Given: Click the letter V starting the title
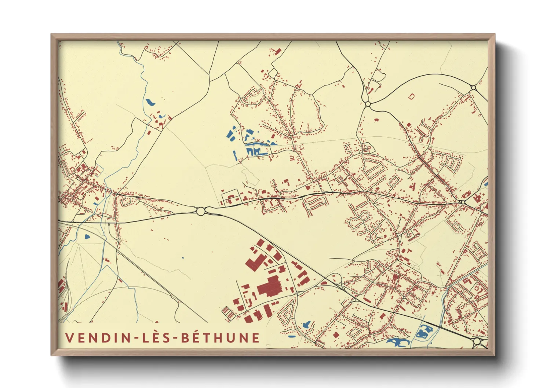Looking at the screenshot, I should tap(69, 338).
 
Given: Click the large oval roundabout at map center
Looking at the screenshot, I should tap(201, 211).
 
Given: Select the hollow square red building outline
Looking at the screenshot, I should tap(411, 96).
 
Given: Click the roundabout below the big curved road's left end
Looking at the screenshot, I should tap(368, 105).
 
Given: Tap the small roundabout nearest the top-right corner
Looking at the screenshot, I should tap(473, 87).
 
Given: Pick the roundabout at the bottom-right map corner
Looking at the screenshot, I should tap(477, 342).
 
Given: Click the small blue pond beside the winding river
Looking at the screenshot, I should tap(150, 102).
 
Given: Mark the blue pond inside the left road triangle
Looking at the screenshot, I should tap(87, 237).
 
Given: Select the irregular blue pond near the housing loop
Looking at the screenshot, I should tap(306, 325).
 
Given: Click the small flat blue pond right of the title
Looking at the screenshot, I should tap(292, 336).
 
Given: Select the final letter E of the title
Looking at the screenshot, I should tap(256, 338).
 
